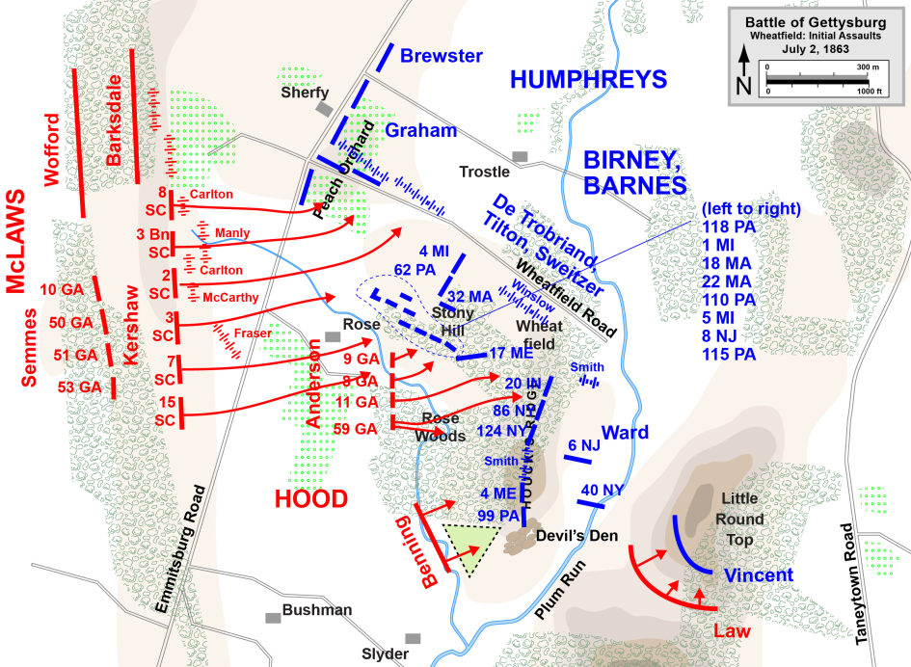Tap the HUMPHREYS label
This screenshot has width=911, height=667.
[x=589, y=80]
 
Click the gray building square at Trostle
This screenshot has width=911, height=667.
[x=521, y=156]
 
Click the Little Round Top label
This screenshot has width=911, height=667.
[x=739, y=520]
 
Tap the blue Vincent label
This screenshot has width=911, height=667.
[x=758, y=575]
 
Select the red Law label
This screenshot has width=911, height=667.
[x=731, y=631]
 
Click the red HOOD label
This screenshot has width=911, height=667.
[x=310, y=498]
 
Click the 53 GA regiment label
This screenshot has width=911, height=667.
[x=80, y=387]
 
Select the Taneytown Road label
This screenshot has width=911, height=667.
[x=849, y=584]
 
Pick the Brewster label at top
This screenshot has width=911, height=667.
[x=441, y=56]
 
